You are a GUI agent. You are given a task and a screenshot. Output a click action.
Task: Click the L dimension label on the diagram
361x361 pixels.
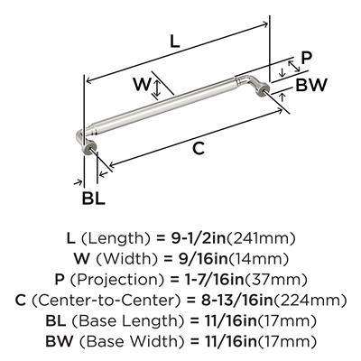pyautogui.click(x=175, y=42)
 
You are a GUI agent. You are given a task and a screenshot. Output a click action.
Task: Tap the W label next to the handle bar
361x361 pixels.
pyautogui.click(x=142, y=84)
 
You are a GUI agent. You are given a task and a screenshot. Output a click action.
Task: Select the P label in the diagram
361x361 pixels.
pyautogui.click(x=307, y=58)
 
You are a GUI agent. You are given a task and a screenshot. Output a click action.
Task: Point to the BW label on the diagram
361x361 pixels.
pyautogui.click(x=311, y=85)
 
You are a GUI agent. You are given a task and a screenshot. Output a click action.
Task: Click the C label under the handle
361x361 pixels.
pyautogui.click(x=199, y=148)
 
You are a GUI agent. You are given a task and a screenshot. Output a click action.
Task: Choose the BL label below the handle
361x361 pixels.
pyautogui.click(x=94, y=199)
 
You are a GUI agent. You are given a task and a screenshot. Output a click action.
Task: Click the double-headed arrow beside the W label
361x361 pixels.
pyautogui.click(x=156, y=89)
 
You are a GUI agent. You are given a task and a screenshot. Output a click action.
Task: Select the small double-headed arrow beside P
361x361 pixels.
pyautogui.click(x=294, y=66)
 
